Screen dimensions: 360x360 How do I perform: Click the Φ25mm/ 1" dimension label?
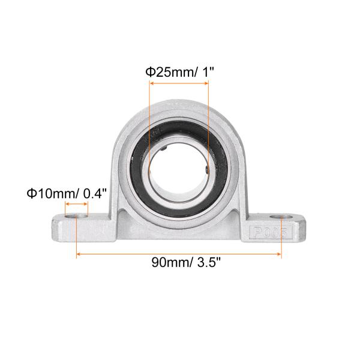click(x=180, y=72)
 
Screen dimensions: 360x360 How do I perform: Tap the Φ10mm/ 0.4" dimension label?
click(x=67, y=193)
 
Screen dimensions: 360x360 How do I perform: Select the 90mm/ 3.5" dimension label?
click(x=186, y=262)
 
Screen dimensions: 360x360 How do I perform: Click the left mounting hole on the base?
click(x=76, y=216)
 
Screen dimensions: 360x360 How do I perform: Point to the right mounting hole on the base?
click(x=281, y=217)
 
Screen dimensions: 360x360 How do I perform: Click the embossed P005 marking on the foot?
click(x=271, y=232)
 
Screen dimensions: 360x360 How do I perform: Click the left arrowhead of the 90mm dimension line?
click(x=78, y=254)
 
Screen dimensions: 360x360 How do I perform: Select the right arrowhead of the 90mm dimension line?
click(x=279, y=254)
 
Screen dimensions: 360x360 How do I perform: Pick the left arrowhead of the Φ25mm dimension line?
click(x=152, y=83)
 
